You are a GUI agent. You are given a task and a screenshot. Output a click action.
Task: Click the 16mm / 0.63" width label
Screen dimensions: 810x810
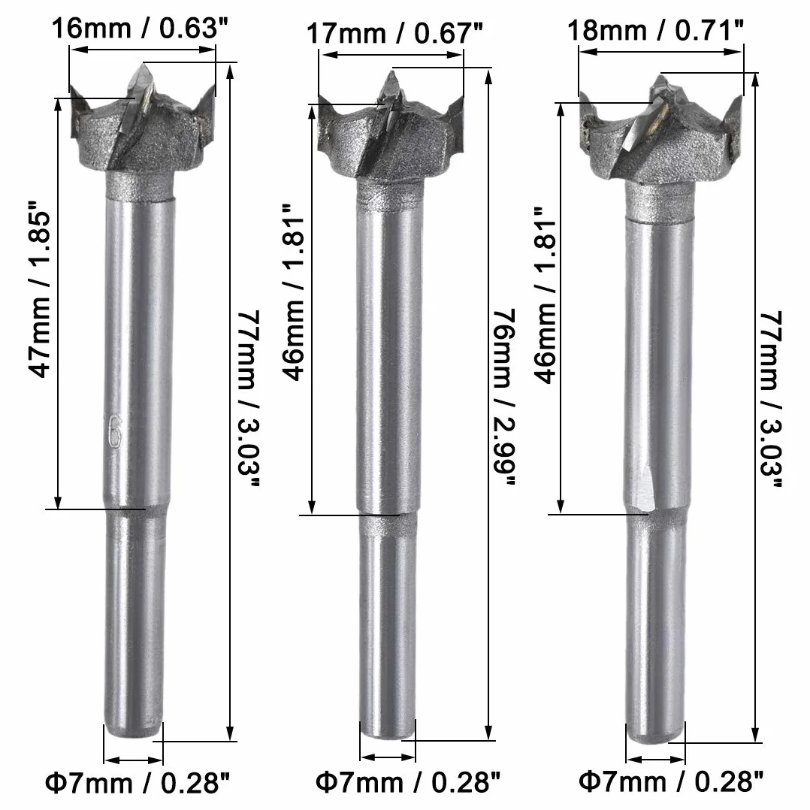tap(140, 29)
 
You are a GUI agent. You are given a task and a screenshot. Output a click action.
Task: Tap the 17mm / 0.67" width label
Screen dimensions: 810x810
tap(394, 33)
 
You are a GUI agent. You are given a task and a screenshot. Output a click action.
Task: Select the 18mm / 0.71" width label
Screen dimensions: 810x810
tap(655, 30)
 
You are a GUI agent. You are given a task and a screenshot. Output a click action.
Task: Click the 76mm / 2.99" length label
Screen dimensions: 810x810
tap(504, 397)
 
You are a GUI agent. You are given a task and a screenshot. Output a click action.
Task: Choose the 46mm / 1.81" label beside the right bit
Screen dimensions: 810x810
tap(546, 295)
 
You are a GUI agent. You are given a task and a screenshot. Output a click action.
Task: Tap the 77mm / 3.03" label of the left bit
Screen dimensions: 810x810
tap(249, 398)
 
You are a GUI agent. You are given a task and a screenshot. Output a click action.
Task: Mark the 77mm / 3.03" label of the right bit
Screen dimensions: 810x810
tap(771, 398)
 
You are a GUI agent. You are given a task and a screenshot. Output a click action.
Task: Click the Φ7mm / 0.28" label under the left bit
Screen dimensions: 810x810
tap(138, 783)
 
